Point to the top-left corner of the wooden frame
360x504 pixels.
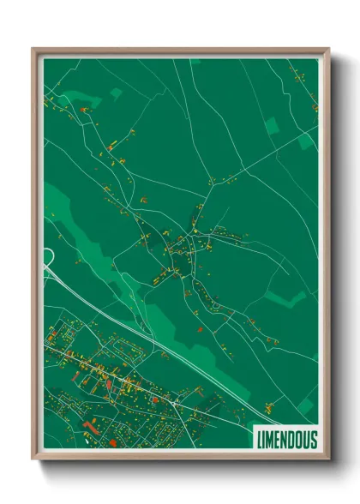click(33, 49)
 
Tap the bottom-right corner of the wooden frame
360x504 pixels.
click(328, 461)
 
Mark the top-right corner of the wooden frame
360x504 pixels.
click(328, 49)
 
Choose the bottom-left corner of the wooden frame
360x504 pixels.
click(33, 461)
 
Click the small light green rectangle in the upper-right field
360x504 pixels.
click(272, 125)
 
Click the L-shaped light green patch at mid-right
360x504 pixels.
click(287, 298)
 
